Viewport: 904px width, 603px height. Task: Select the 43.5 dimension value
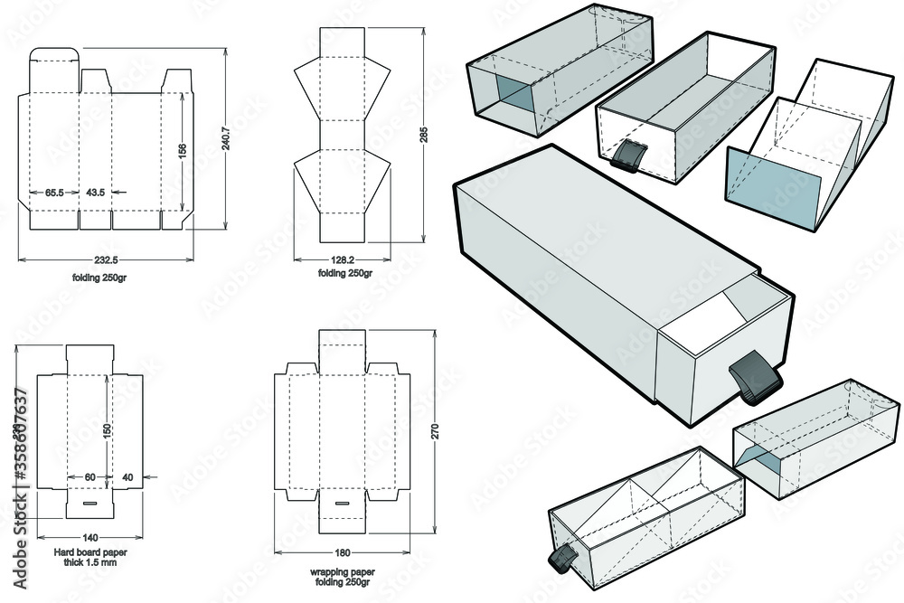click(x=96, y=193)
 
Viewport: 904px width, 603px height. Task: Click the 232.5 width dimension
click(x=106, y=259)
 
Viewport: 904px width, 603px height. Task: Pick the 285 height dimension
click(x=423, y=134)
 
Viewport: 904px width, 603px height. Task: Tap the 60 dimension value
click(x=89, y=476)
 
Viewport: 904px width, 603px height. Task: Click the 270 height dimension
click(x=435, y=432)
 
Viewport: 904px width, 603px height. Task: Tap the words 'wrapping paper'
click(x=342, y=572)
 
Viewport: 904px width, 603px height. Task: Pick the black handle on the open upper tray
click(x=627, y=157)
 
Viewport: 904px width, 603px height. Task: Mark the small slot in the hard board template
click(x=89, y=500)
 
